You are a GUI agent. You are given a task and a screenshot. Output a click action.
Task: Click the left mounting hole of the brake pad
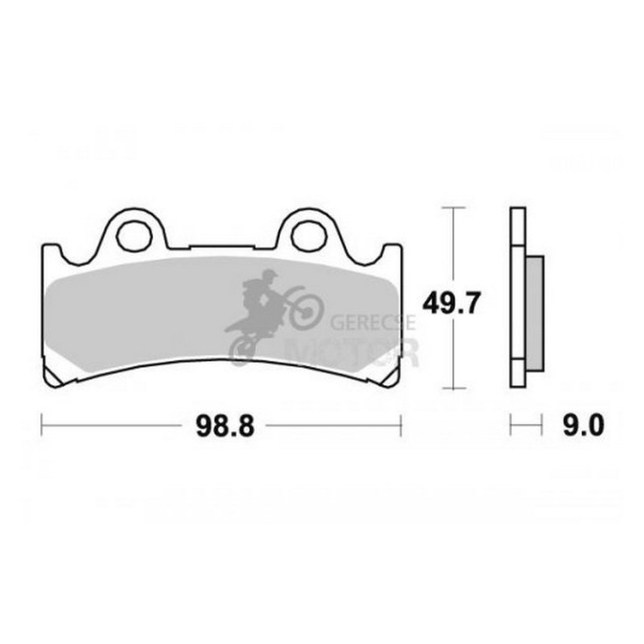pos(133,233)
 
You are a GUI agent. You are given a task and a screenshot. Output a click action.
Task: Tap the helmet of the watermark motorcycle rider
pos(269,275)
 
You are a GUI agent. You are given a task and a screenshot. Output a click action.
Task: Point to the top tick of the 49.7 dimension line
pos(452,207)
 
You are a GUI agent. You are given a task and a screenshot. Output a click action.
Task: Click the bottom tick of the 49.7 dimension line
pos(452,389)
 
